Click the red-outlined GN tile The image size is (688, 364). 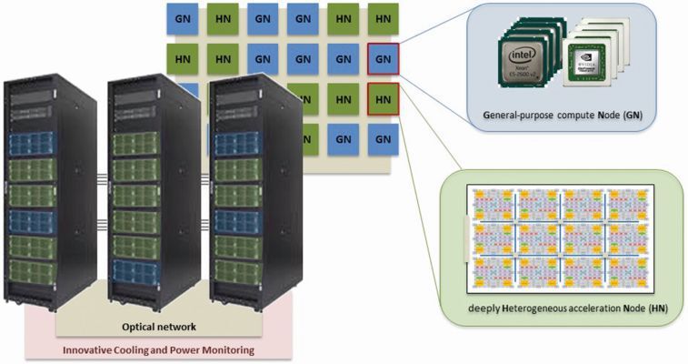click(x=383, y=59)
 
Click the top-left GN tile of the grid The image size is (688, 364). click(x=183, y=19)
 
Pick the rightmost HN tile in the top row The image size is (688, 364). click(x=383, y=19)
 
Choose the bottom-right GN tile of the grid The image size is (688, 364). click(x=383, y=139)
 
